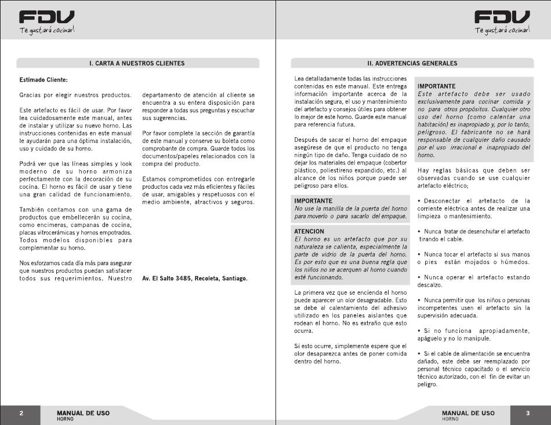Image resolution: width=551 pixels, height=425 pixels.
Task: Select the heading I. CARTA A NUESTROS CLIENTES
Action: tap(137, 63)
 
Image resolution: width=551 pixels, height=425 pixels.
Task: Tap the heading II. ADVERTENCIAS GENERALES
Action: tap(412, 63)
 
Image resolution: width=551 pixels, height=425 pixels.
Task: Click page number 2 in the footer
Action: tap(21, 413)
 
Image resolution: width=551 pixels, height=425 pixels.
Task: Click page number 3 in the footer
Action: tap(528, 413)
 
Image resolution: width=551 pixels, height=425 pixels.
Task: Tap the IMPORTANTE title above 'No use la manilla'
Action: tap(313, 200)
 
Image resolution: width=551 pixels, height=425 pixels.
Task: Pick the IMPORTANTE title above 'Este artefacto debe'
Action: tap(437, 86)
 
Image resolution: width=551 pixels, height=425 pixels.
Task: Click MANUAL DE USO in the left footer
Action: tap(83, 413)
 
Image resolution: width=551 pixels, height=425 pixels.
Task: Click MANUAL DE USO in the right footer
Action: tap(468, 413)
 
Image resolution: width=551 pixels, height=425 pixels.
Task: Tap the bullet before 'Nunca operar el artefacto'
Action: tap(419, 277)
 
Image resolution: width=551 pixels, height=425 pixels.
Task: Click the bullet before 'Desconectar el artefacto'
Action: tap(419, 200)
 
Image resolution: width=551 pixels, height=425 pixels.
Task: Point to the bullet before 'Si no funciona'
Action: tap(419, 331)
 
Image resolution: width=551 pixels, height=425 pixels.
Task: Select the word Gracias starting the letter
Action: tap(30, 94)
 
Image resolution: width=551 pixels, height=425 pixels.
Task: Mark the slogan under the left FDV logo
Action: tap(47, 30)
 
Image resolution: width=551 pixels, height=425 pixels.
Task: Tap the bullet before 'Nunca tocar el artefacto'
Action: tap(419, 254)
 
